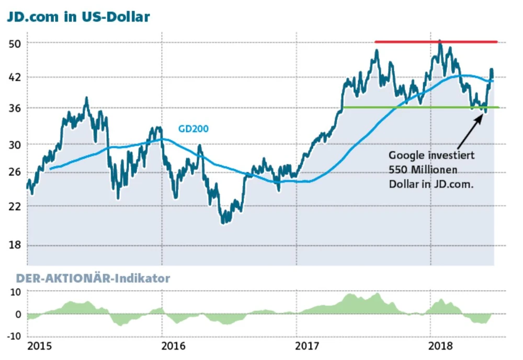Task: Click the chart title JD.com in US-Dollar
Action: pyautogui.click(x=78, y=17)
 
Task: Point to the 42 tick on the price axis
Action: pyautogui.click(x=15, y=77)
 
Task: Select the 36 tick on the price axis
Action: pyautogui.click(x=15, y=108)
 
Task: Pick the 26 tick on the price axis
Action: pyautogui.click(x=15, y=172)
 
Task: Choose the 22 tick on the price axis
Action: pyautogui.click(x=15, y=206)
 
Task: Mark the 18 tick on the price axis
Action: pyautogui.click(x=15, y=245)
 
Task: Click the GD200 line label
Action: pyautogui.click(x=194, y=128)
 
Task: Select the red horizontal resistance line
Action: pyautogui.click(x=436, y=41)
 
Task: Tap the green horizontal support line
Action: pyautogui.click(x=418, y=107)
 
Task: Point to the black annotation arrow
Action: pyautogui.click(x=470, y=131)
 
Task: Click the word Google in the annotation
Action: pyautogui.click(x=405, y=155)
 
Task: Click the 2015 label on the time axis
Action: pyautogui.click(x=40, y=346)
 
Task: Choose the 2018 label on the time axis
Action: pyautogui.click(x=442, y=346)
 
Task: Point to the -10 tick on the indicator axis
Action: pyautogui.click(x=13, y=335)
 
